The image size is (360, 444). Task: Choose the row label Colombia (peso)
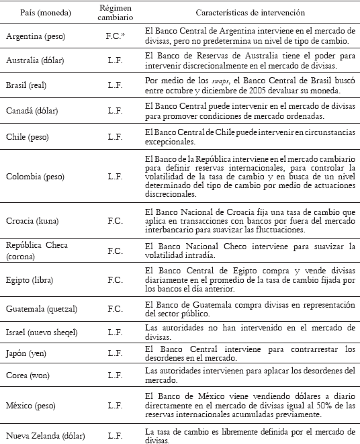pos(32,175)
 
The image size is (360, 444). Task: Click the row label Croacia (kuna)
pos(31,221)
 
